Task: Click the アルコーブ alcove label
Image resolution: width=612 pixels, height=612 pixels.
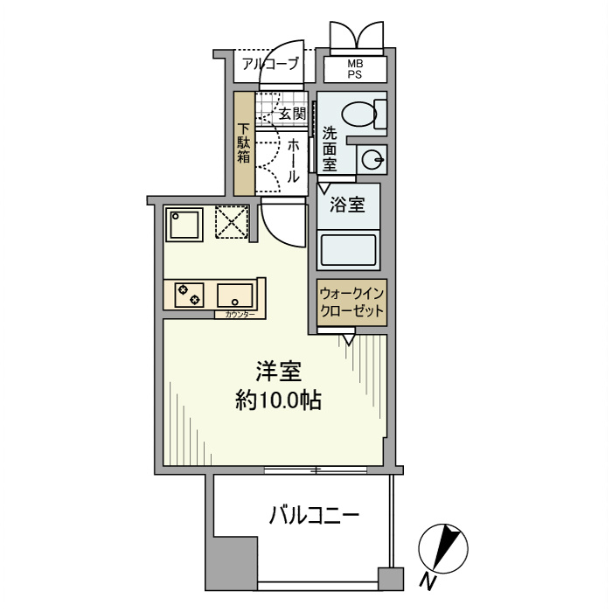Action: pos(270,64)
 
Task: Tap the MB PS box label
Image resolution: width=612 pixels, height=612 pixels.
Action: pos(355,69)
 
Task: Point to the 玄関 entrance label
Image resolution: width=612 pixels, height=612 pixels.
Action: pos(292,114)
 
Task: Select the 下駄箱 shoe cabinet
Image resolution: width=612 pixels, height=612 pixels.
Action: pos(244,143)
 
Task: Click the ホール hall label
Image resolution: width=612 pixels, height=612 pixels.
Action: pos(293,159)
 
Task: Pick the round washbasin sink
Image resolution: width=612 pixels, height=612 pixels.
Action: pos(373,159)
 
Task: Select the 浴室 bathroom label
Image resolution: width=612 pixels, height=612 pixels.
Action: pos(347,206)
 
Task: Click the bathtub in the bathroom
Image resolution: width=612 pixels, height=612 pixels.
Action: pos(349,249)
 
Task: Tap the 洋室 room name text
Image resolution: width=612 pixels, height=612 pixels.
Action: pos(278,372)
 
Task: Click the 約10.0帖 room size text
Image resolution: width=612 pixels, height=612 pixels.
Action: pos(278,401)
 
